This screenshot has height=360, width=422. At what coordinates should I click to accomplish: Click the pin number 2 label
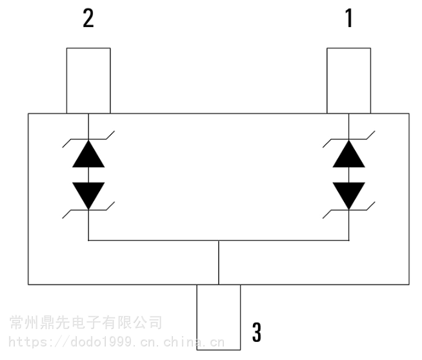[x=88, y=18]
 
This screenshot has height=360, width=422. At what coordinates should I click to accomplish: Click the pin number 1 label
[x=349, y=18]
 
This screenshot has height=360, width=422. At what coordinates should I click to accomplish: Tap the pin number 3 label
[x=256, y=332]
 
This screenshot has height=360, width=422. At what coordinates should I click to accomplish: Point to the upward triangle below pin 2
[x=88, y=155]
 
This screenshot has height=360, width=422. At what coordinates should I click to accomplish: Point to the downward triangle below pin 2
[x=88, y=195]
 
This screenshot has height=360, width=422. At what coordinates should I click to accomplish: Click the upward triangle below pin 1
[x=349, y=155]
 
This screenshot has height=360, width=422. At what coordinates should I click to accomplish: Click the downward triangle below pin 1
[x=349, y=195]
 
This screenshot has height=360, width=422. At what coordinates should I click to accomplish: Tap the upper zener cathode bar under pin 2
[x=88, y=139]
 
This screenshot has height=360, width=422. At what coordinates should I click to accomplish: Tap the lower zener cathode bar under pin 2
[x=88, y=210]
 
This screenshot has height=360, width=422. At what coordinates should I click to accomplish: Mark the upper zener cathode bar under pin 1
[x=349, y=139]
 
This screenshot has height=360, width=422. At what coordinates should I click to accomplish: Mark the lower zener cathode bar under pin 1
[x=349, y=210]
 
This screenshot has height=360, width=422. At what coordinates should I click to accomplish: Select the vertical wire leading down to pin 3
[x=219, y=263]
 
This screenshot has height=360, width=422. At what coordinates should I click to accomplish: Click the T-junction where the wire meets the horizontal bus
[x=219, y=240]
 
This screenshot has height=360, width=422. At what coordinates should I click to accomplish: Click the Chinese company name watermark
[x=86, y=323]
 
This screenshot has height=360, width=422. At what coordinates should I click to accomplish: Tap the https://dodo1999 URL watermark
[x=117, y=342]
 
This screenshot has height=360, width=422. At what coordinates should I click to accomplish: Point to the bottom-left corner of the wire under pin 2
[x=88, y=240]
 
